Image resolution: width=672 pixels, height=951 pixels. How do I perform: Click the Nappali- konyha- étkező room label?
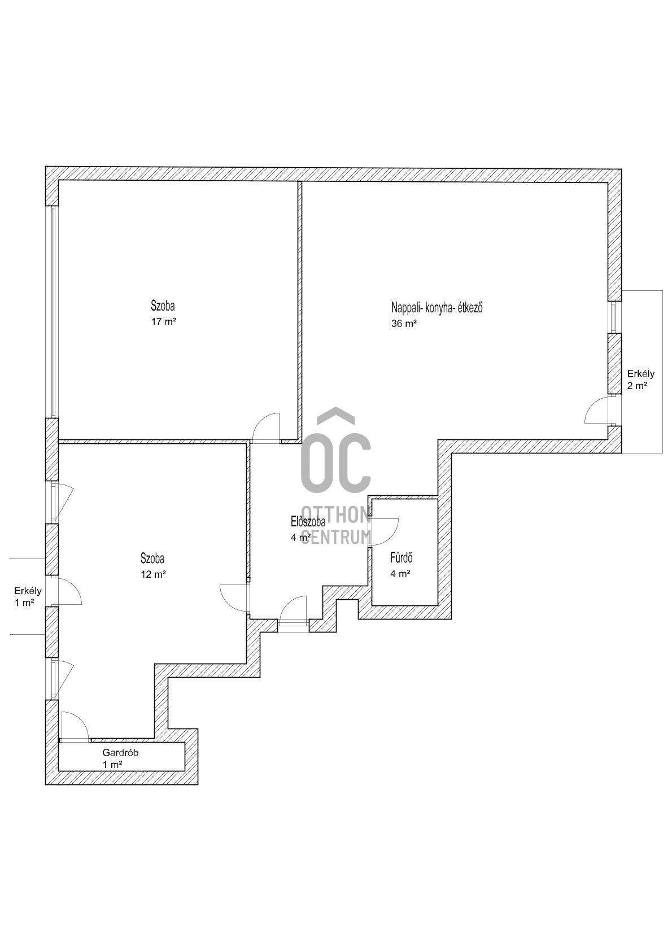[437, 307]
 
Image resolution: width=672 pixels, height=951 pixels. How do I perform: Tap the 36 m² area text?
[404, 323]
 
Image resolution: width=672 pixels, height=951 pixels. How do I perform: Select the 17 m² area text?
[163, 321]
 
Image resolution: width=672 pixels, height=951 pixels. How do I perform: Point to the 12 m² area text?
[153, 574]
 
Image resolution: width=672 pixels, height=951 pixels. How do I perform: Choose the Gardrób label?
[120, 753]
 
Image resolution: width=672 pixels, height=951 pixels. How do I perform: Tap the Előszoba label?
[308, 521]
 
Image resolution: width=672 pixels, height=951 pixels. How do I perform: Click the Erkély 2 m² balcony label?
[641, 380]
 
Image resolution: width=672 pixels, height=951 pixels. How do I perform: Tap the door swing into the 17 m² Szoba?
[266, 427]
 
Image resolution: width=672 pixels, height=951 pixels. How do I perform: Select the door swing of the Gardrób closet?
[75, 726]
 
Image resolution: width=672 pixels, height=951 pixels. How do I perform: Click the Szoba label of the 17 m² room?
[163, 306]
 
